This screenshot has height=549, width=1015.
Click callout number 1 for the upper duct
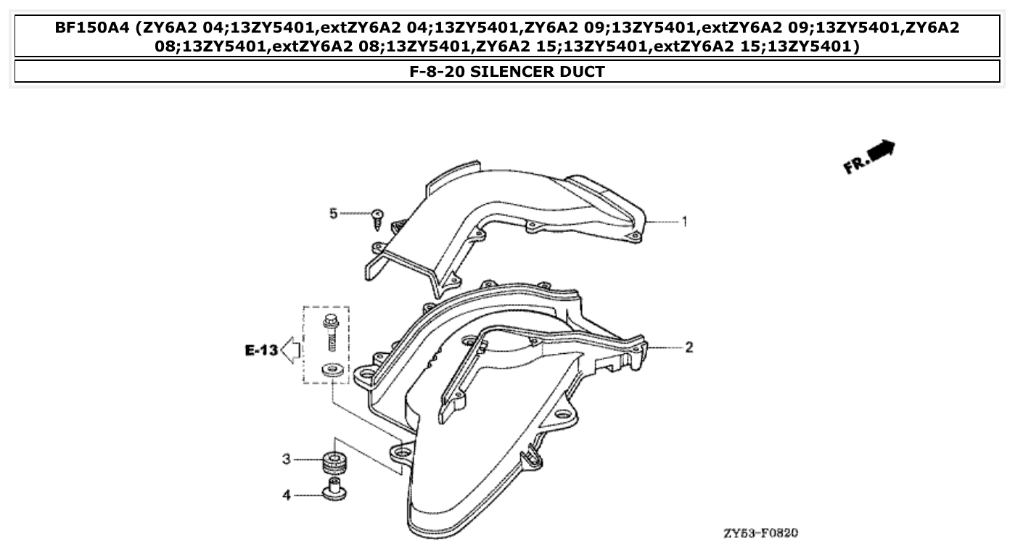(x=683, y=222)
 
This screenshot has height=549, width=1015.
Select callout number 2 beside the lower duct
(x=689, y=347)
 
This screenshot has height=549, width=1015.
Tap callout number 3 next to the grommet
(x=287, y=459)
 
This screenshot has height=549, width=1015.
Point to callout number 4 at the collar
(x=287, y=495)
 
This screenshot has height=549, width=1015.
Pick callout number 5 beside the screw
(x=334, y=213)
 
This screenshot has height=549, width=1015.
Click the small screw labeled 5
(x=377, y=218)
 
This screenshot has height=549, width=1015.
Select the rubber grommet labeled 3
(x=334, y=461)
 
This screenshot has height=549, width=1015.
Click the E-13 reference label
(x=261, y=351)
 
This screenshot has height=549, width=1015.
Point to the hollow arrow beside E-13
(x=291, y=350)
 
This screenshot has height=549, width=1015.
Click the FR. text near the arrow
(x=855, y=165)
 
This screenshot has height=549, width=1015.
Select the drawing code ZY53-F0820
(x=760, y=533)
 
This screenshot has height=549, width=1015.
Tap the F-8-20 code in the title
(x=435, y=72)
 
